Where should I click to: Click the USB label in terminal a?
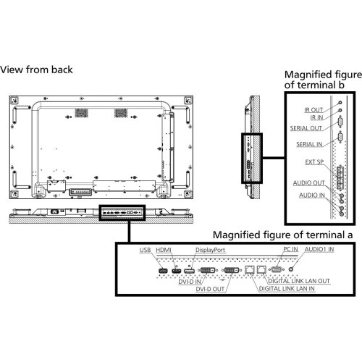145,250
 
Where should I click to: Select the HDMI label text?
164,250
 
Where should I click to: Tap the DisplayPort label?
210,251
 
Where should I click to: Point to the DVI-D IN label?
190,282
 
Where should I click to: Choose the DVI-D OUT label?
210,289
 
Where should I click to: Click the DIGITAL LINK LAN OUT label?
299,281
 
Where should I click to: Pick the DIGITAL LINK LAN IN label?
287,289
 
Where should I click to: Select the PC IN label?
290,249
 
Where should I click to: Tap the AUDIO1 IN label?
319,249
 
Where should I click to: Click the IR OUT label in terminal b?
313,110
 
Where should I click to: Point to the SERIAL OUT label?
306,128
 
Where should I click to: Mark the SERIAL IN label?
309,144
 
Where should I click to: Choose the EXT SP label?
314,162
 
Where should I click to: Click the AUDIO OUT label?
309,183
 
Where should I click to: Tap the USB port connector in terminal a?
163,271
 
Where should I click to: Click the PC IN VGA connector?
277,269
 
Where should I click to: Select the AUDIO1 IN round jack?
291,269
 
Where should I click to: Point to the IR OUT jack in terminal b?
340,103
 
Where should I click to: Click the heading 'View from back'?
36,70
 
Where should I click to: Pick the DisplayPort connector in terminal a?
190,271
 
